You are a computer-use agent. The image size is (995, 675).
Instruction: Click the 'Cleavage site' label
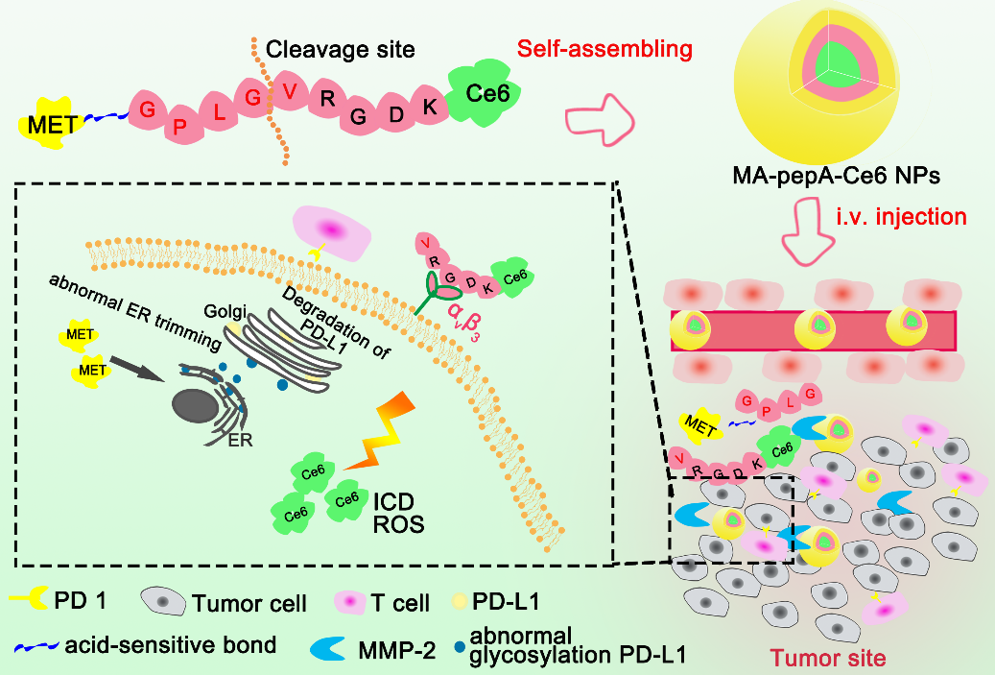(340, 50)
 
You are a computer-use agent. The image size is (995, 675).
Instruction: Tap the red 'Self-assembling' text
(604, 49)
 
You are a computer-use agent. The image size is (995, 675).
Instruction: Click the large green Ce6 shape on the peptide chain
(485, 93)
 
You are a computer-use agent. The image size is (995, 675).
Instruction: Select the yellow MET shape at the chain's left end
(51, 123)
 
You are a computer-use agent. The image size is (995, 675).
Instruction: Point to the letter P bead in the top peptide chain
(180, 126)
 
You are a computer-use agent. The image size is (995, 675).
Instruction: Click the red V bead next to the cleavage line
(290, 92)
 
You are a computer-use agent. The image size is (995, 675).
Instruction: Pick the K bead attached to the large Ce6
(429, 107)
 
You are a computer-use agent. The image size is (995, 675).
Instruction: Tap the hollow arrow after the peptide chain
(599, 121)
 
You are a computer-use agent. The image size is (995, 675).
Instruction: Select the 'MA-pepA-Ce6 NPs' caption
(837, 176)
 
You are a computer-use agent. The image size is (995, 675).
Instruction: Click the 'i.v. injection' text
(901, 217)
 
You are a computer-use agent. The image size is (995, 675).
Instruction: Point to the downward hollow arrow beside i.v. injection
(808, 230)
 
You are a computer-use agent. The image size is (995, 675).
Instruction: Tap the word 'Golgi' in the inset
(225, 311)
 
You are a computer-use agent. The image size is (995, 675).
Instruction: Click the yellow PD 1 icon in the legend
(29, 598)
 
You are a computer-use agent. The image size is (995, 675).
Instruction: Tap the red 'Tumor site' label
(827, 658)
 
